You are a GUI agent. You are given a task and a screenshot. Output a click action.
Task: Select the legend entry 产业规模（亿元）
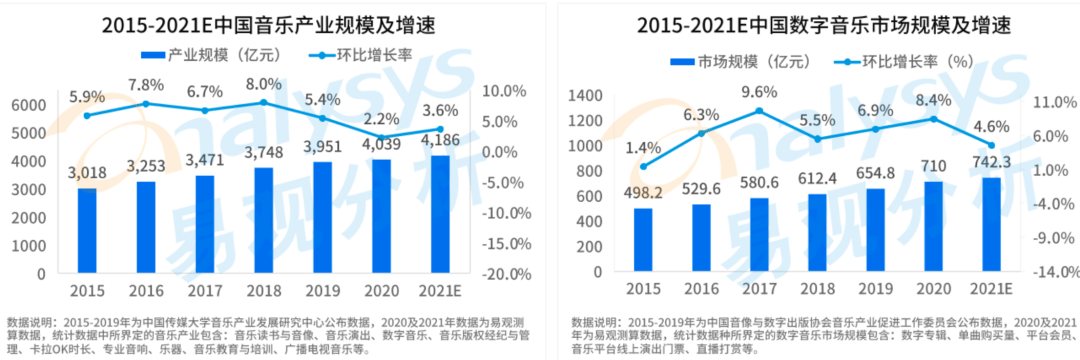pos(201,55)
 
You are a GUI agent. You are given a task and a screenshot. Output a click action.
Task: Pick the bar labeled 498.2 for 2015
pos(643,240)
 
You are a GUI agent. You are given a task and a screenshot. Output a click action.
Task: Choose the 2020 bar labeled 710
pos(933,227)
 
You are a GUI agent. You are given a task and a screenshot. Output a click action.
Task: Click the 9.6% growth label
pos(759,92)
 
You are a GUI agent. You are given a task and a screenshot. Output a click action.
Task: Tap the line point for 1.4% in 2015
pos(643,166)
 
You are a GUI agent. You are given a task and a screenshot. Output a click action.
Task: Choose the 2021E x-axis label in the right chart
pos(990,290)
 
